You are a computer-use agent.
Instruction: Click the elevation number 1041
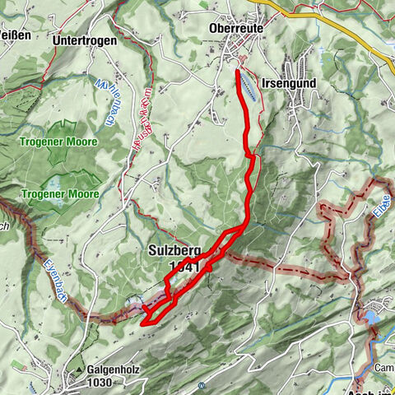coord(183,267)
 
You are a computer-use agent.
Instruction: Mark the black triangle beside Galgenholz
coord(81,370)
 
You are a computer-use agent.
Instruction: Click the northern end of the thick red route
coord(239,73)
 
